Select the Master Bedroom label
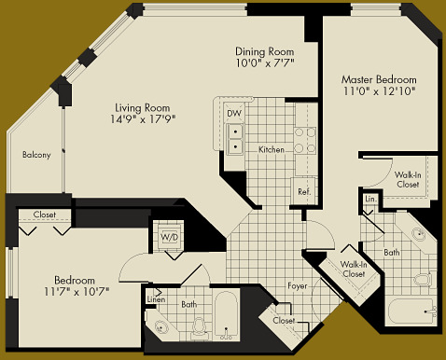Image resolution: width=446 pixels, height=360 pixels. point(377,79)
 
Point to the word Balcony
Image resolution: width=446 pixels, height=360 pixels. point(36,155)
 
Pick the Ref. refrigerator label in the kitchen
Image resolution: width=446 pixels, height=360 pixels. point(303,192)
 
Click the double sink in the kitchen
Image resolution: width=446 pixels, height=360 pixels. point(236,139)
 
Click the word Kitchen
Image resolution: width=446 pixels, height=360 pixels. point(272,149)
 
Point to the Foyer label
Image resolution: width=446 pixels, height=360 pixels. point(298,286)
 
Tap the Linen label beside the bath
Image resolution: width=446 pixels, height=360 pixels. point(157,299)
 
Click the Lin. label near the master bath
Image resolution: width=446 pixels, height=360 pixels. point(369,199)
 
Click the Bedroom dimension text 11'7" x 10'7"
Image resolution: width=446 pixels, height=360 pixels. point(76,291)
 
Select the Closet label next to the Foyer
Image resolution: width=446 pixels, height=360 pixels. point(284,321)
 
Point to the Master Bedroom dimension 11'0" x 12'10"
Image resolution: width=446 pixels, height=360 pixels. point(377,91)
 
